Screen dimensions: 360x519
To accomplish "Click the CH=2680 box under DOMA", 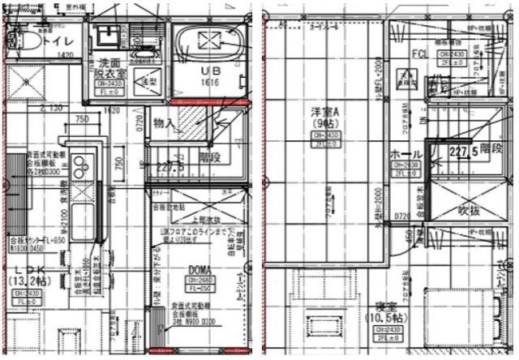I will coord(200,280).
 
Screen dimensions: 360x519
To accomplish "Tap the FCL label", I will coord(419,54).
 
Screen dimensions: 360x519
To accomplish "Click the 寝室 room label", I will coord(373,306).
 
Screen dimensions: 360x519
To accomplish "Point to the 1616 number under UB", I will coord(208,83).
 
